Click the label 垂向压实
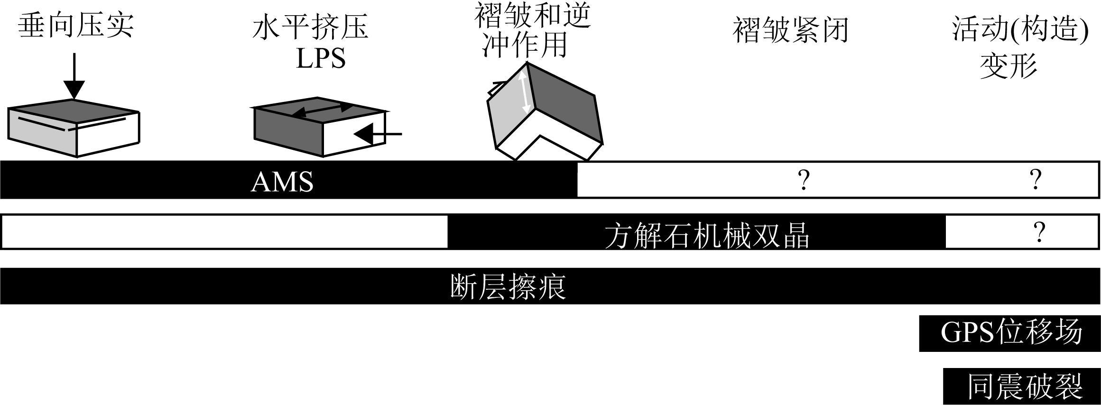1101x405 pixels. point(76,26)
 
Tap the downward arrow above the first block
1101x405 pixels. point(74,76)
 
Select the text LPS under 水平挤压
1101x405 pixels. point(321,59)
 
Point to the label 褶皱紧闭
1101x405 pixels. point(790,31)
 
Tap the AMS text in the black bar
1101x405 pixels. point(282,182)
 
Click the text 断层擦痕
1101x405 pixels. point(508,286)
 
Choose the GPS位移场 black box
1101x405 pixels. point(1009,333)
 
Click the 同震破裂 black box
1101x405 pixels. point(1021,387)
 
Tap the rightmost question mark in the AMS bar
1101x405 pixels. point(1036,180)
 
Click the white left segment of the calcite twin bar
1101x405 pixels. point(225,232)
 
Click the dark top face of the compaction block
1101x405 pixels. point(74,108)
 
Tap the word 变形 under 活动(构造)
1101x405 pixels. point(1008,66)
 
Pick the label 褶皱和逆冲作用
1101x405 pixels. point(533,31)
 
